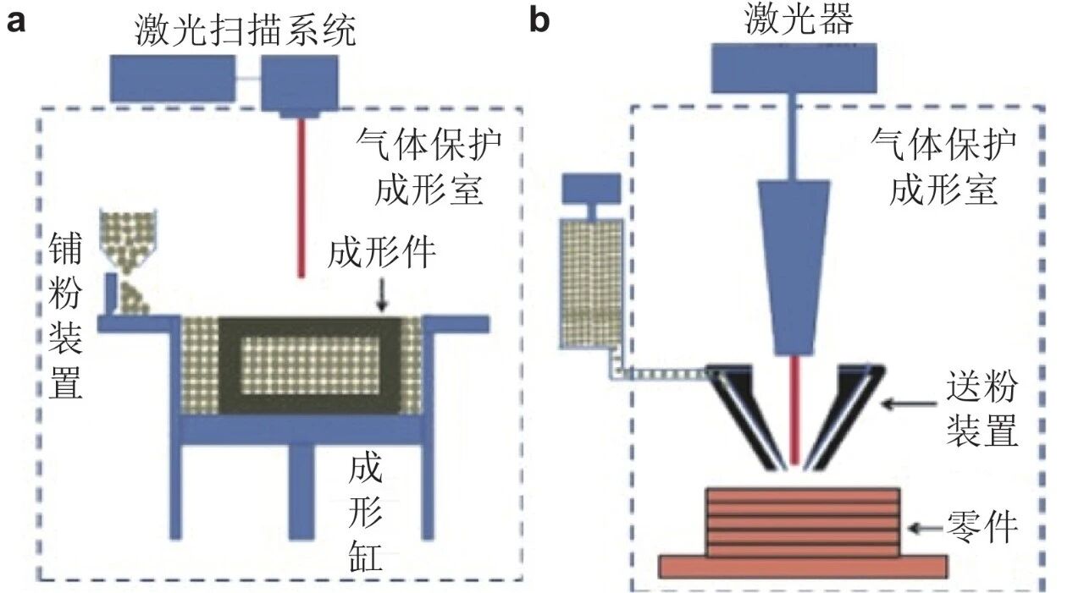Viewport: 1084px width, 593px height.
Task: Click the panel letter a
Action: [x=15, y=22]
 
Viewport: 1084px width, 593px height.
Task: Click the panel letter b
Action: [x=540, y=19]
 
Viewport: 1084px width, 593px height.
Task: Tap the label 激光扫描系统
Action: [x=246, y=30]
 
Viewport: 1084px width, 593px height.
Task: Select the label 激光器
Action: [x=799, y=19]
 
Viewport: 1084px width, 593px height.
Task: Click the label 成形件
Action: [x=381, y=252]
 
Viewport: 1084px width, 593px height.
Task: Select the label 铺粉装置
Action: [x=65, y=315]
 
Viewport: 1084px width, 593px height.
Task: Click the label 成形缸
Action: [x=365, y=513]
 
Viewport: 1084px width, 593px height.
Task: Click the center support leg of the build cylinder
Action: [x=301, y=491]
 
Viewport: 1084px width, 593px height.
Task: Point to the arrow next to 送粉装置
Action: [x=909, y=403]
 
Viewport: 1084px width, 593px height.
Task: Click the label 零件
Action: [x=982, y=527]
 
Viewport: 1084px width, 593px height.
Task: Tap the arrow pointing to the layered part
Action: [x=926, y=528]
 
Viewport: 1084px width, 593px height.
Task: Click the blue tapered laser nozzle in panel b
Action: [x=794, y=267]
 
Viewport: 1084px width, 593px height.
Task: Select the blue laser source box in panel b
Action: [x=794, y=69]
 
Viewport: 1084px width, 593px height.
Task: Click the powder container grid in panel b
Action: [x=591, y=283]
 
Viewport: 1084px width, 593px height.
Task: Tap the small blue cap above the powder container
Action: [x=591, y=189]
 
